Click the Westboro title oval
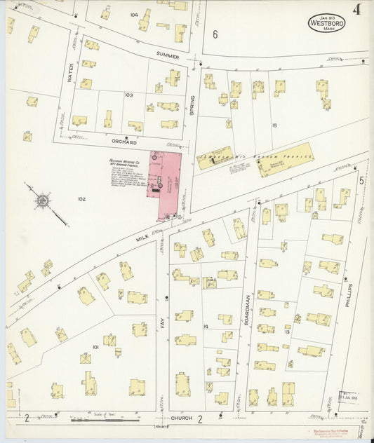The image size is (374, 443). click(326, 22)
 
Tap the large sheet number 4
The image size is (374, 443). click(357, 10)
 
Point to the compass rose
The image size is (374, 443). click(43, 202)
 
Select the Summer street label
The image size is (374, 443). click(168, 55)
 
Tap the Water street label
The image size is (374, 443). click(70, 74)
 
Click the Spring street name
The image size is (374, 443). click(191, 104)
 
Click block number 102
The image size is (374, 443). click(81, 199)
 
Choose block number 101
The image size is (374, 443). click(95, 347)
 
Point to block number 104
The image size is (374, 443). click(133, 14)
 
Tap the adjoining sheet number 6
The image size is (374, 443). click(215, 34)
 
